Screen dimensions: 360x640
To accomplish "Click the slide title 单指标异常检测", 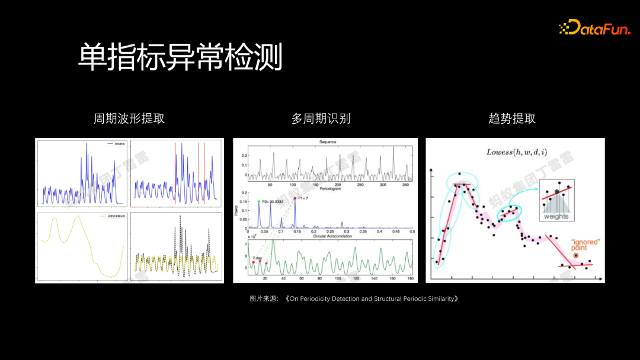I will (x=180, y=57).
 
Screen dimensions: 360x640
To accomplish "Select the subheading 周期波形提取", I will (x=129, y=118).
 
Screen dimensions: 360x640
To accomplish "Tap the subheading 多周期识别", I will (x=321, y=118).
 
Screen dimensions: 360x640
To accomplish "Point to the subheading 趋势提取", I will (x=512, y=118).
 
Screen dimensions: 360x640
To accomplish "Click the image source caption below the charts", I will (x=354, y=299).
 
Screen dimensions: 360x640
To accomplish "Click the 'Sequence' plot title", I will (x=328, y=142).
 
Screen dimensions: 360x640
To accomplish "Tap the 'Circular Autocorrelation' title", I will (x=328, y=237).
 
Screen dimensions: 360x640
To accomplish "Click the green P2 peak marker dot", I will (x=258, y=201).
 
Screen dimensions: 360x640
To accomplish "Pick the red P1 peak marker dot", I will (x=295, y=198).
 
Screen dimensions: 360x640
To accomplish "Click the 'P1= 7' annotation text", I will (x=304, y=198).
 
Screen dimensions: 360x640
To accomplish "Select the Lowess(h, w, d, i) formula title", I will (x=514, y=152).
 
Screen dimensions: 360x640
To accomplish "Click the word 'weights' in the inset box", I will (x=556, y=216).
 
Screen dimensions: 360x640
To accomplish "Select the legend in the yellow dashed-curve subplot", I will (x=110, y=217).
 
